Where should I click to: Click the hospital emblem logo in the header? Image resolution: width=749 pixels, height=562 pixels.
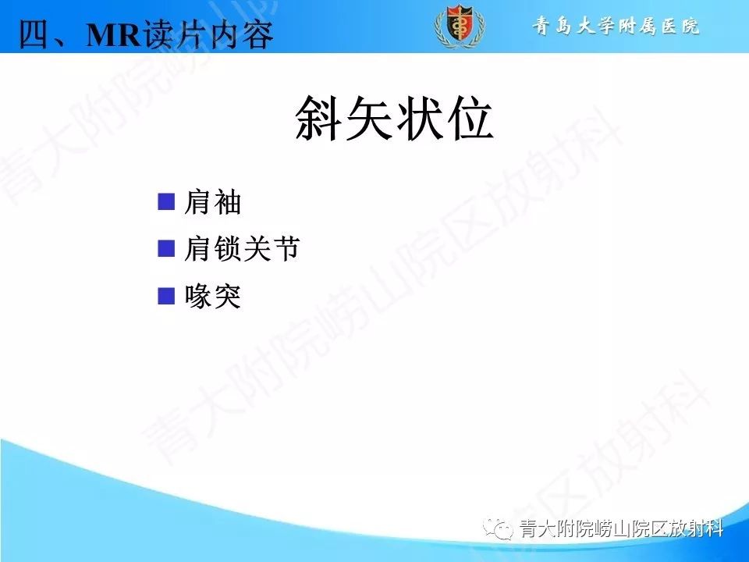coord(459,27)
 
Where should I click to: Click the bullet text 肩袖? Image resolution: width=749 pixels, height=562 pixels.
coord(212,203)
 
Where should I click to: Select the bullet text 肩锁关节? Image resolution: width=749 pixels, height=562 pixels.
coord(241,250)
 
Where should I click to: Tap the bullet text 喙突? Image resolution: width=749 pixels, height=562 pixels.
coord(212,297)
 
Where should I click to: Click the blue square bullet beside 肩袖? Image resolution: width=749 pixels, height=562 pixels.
coord(165,202)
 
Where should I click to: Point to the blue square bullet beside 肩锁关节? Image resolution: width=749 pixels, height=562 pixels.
coord(165,249)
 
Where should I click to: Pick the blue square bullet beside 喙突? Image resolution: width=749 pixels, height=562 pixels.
coord(165,296)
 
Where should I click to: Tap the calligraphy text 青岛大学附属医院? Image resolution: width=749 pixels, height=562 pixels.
coord(616,27)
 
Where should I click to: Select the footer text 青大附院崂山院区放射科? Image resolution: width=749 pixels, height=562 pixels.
coord(621,529)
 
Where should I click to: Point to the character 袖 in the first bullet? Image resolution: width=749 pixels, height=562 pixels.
coord(227,203)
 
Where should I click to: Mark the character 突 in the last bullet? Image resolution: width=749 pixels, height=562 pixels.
coord(227,297)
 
